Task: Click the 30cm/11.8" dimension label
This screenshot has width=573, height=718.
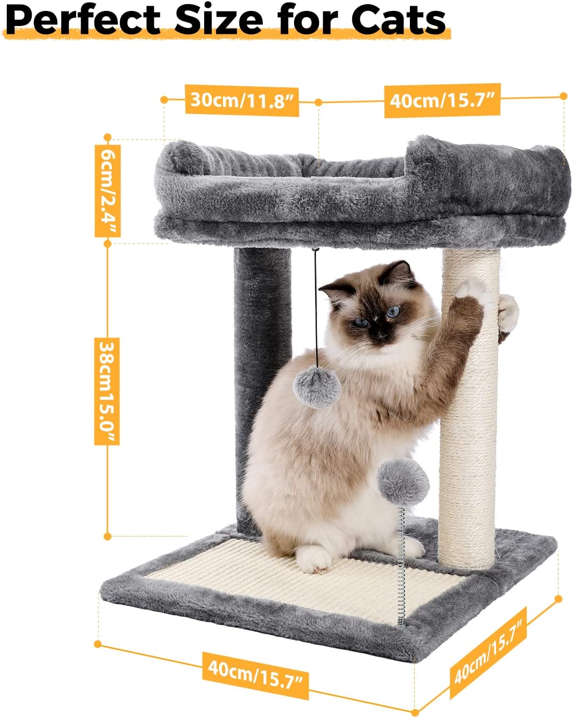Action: point(242,100)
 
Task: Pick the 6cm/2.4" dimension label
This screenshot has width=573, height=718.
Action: point(108,191)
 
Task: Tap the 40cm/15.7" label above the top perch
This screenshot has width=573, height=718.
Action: point(442,100)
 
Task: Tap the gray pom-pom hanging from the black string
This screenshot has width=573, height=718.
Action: point(317,387)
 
